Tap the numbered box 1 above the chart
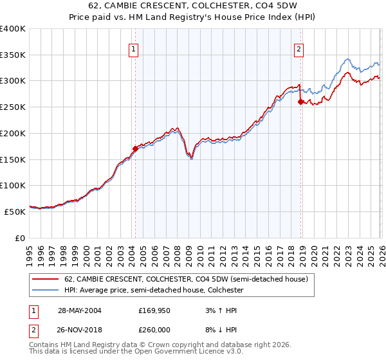point(133,48)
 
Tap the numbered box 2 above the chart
point(300,48)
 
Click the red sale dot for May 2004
point(135,148)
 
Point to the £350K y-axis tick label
point(13,55)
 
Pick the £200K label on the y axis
point(13,133)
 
